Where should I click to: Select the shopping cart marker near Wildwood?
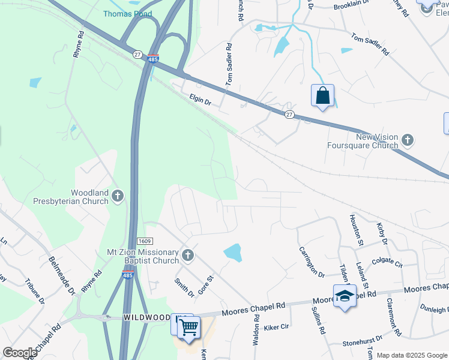(x=189, y=328)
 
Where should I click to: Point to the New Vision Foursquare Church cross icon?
(x=408, y=140)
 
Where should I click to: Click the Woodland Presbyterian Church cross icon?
(x=118, y=196)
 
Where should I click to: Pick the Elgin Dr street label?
(x=200, y=98)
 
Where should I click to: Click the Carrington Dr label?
(x=312, y=262)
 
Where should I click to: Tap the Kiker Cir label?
(x=276, y=328)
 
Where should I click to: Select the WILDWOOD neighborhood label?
(x=146, y=316)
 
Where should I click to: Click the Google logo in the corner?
(x=20, y=353)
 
